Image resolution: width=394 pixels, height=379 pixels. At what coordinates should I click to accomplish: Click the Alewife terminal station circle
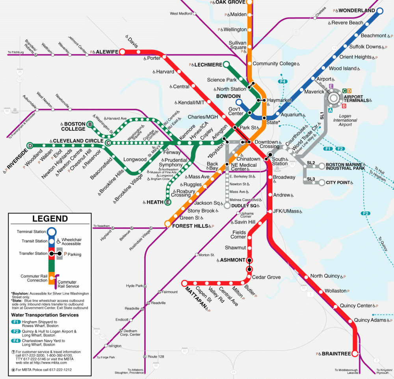122,52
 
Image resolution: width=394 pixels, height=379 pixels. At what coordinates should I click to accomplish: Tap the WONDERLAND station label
357,10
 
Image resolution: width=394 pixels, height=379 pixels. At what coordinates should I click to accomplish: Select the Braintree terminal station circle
355,354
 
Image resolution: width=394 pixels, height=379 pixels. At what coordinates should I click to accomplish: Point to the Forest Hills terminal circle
167,224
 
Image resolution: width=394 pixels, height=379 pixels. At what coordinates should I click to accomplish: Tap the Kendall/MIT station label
191,102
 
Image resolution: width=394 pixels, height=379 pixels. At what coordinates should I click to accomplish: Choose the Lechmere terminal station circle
226,64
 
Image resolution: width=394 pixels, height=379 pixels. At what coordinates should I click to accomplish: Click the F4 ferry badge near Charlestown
282,81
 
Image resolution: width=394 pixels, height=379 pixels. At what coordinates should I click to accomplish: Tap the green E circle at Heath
167,202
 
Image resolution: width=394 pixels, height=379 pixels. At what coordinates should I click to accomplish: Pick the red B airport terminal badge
344,106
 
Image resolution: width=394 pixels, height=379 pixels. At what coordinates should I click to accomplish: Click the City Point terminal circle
322,183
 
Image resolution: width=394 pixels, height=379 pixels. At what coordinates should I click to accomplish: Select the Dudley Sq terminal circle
227,205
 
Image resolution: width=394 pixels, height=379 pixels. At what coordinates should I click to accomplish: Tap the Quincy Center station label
356,305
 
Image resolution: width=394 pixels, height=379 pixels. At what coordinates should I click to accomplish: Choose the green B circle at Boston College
90,125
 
